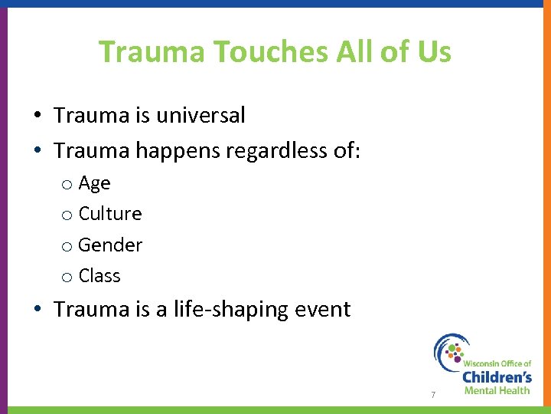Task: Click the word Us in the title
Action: point(435,52)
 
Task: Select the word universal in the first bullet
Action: point(200,116)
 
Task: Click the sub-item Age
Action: point(94,183)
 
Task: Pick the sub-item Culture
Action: point(110,214)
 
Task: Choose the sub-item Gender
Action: point(110,245)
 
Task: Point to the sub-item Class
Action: point(99,276)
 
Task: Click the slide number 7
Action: point(433,395)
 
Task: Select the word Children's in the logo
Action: point(497,376)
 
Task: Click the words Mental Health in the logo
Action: point(497,390)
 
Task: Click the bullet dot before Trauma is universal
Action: point(37,117)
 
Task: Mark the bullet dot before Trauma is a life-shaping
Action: point(37,310)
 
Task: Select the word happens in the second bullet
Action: point(177,151)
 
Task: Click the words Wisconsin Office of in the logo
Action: point(497,363)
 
